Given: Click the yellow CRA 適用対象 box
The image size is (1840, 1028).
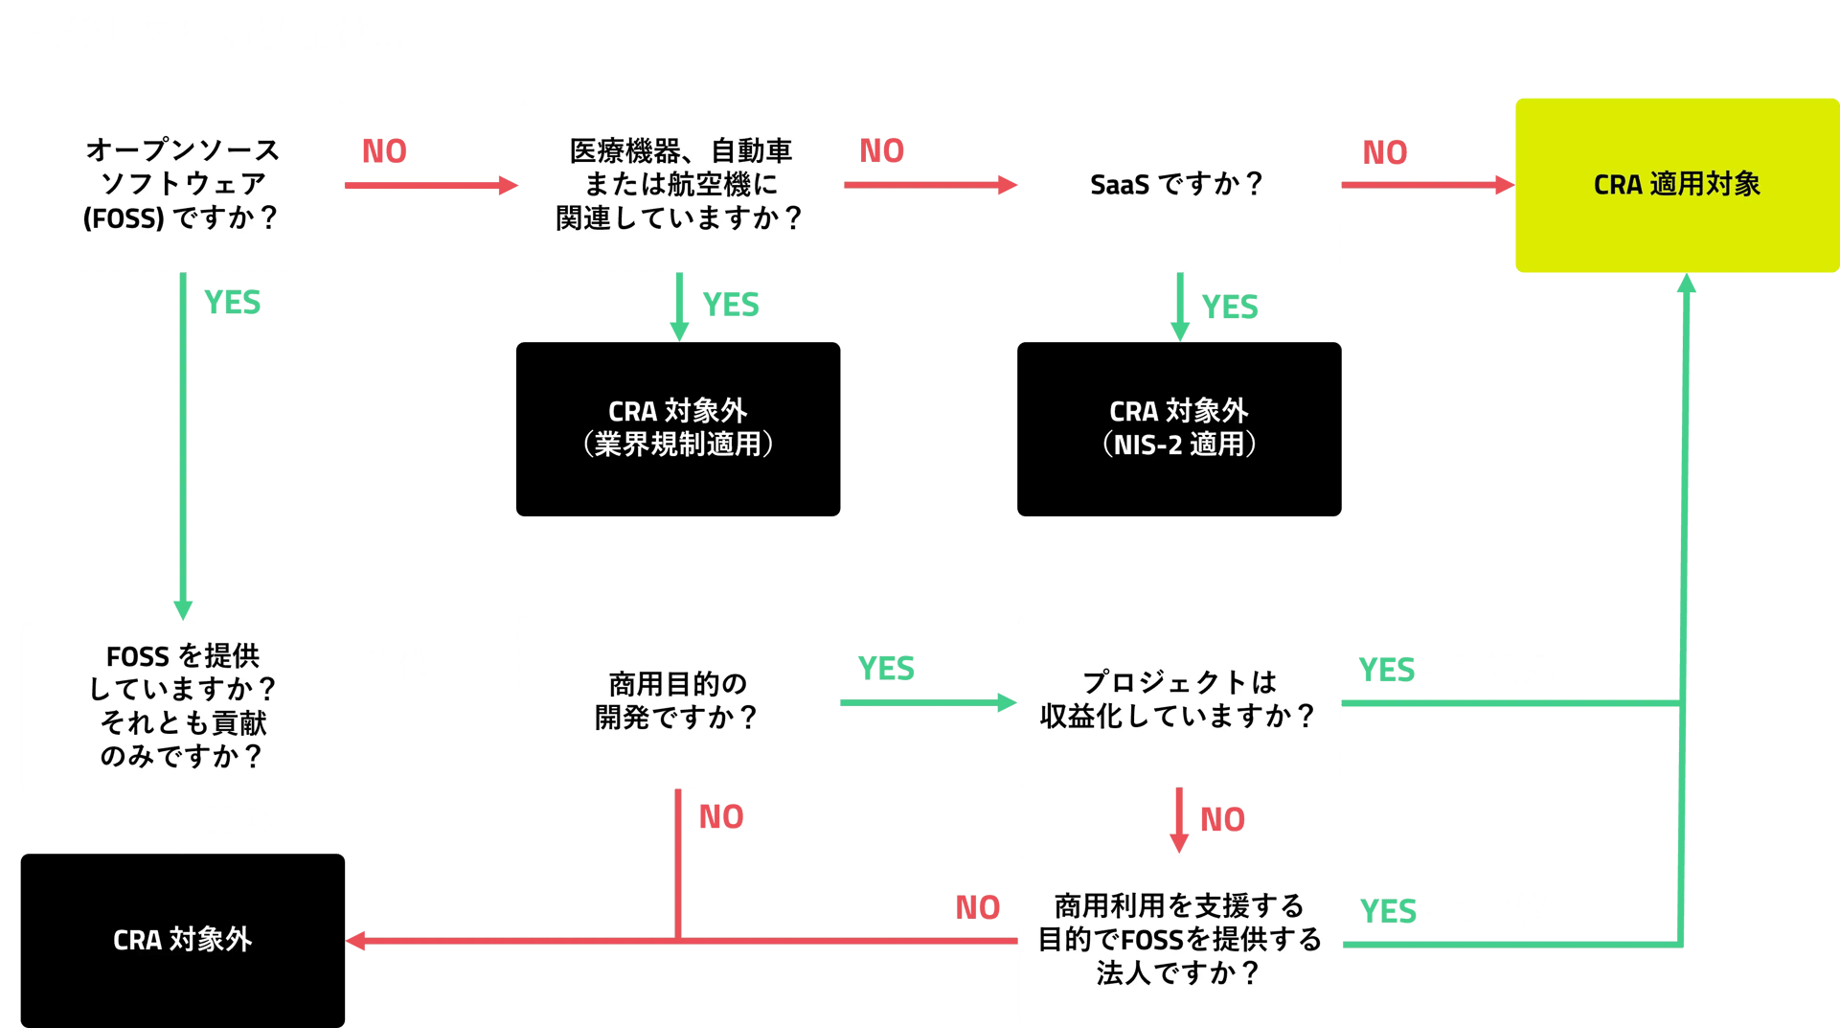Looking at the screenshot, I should [x=1676, y=185].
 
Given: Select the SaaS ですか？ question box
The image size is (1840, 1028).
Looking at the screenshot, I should [x=1178, y=185].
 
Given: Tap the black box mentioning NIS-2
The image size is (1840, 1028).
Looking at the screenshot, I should [x=1178, y=429].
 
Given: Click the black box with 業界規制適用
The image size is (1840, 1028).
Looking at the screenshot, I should [x=678, y=429].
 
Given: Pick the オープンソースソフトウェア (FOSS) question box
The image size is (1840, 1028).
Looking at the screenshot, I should [x=182, y=185].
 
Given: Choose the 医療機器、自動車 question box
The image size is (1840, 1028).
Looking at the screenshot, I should [x=680, y=185].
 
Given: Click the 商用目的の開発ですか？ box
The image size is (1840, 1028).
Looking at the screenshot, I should [x=678, y=701].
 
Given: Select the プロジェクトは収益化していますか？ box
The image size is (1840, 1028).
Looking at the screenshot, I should [x=1178, y=700].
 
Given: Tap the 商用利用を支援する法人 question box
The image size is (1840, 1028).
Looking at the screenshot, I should [x=1179, y=940].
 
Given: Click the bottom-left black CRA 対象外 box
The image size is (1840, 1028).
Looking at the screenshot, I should [x=182, y=940].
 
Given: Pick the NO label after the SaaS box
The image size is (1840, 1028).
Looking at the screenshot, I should [x=1385, y=153].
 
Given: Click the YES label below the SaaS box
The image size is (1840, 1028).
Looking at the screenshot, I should [x=1229, y=308].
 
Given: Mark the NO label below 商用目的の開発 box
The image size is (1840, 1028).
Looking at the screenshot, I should [x=721, y=817].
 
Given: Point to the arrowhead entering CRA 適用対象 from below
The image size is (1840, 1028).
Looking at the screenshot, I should [x=1687, y=284].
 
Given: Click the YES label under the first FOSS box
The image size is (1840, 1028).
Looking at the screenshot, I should [x=232, y=304].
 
